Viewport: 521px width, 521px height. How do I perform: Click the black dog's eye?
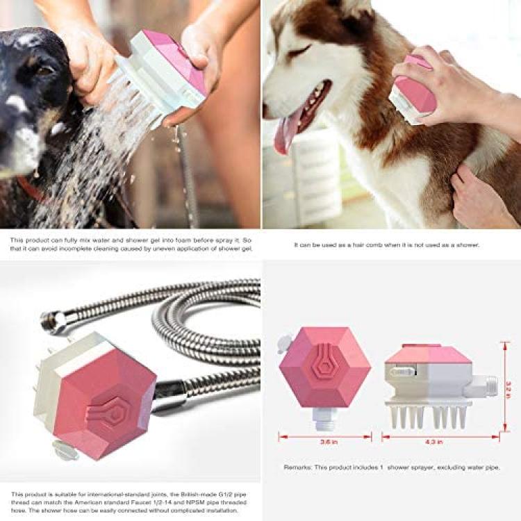click(x=45, y=69)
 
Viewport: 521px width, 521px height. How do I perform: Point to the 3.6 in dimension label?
click(x=329, y=442)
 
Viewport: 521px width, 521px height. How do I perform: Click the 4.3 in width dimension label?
click(x=434, y=442)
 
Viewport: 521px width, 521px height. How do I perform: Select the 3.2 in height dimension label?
click(x=508, y=390)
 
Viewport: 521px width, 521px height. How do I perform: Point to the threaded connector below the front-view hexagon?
click(x=324, y=419)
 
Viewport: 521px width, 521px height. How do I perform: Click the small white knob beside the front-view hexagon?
click(x=283, y=344)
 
